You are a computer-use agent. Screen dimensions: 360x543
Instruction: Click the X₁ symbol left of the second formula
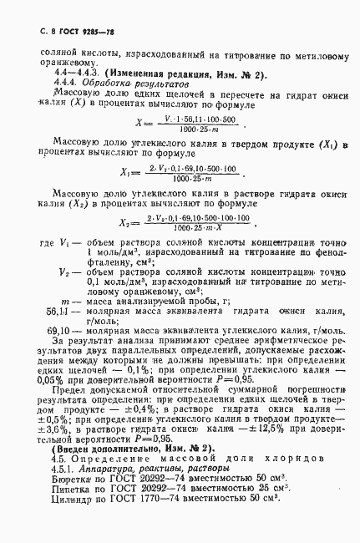(x=126, y=172)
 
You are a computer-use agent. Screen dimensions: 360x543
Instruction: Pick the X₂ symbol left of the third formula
(x=126, y=222)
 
